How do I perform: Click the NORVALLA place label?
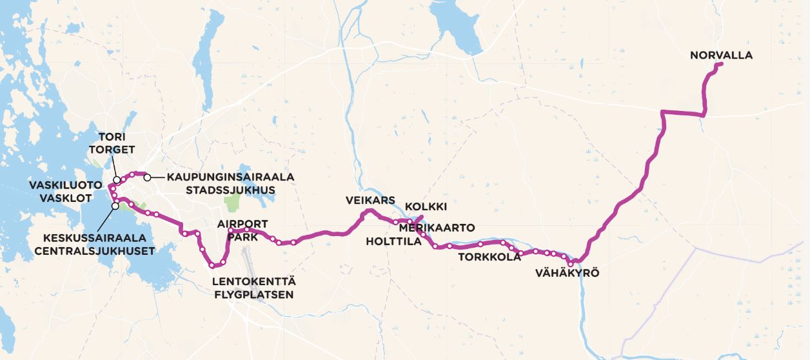pyautogui.click(x=721, y=55)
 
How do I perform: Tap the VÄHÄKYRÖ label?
pyautogui.click(x=568, y=273)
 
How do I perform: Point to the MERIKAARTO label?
pyautogui.click(x=437, y=228)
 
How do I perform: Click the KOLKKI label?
pyautogui.click(x=426, y=207)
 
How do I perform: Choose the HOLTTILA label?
pyautogui.click(x=393, y=242)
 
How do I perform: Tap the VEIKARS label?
pyautogui.click(x=370, y=200)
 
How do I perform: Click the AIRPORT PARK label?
pyautogui.click(x=242, y=231)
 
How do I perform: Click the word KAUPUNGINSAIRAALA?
pyautogui.click(x=230, y=177)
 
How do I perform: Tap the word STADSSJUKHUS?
pyautogui.click(x=230, y=190)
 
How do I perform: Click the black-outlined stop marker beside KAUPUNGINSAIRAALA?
pyautogui.click(x=148, y=177)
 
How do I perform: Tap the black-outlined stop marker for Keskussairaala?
pyautogui.click(x=115, y=206)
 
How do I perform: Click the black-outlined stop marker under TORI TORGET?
pyautogui.click(x=116, y=180)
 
